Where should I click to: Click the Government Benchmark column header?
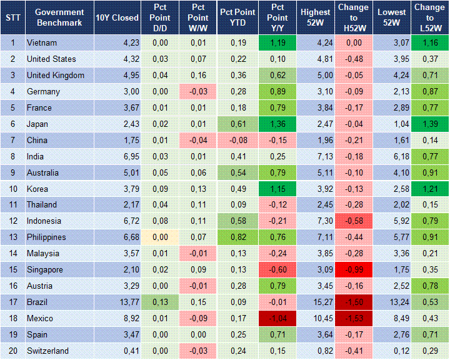(59, 17)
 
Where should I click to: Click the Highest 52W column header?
(315, 17)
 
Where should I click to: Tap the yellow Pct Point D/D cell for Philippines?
(159, 237)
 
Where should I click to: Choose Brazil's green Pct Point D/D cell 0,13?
(159, 302)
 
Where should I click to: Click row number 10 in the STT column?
(12, 189)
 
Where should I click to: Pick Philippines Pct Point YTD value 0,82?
(237, 237)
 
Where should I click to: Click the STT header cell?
(12, 17)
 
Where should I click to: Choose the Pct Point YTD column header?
(237, 17)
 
